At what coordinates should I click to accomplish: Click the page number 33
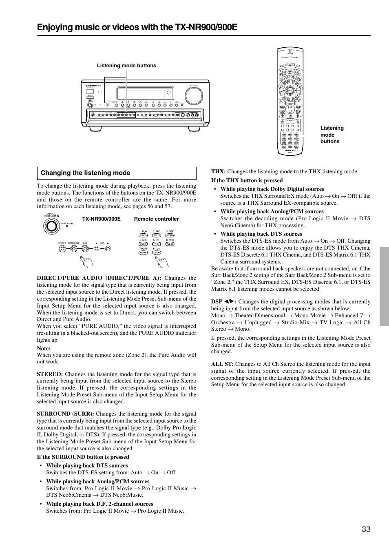tap(366, 529)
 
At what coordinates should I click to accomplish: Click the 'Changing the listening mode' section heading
tap(85, 173)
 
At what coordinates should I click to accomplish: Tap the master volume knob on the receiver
tap(193, 96)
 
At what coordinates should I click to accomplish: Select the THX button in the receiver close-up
tap(85, 248)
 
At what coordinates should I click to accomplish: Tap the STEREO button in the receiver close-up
tap(62, 248)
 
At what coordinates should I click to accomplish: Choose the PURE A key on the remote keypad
tap(143, 235)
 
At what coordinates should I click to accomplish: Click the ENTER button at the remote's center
tap(290, 90)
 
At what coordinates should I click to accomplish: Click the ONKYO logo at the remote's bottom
tap(290, 150)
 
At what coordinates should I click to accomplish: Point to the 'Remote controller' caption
tap(156, 219)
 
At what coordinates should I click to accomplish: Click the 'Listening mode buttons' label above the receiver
tap(126, 66)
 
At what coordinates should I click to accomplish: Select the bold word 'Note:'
tap(44, 348)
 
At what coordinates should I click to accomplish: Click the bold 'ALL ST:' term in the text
tap(222, 364)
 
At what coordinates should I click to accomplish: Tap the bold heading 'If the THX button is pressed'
tap(247, 180)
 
